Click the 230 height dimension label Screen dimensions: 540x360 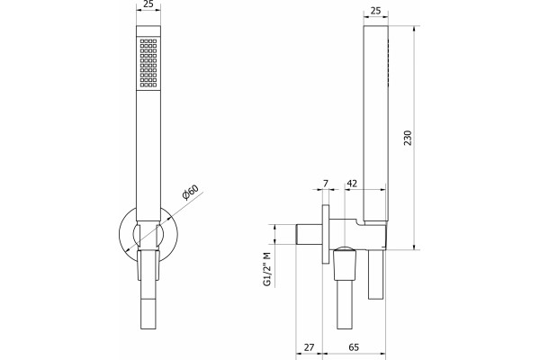point(408,138)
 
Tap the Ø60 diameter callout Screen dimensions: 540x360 point(191,193)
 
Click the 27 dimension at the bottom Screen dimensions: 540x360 point(309,346)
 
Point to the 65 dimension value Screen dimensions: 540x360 point(354,346)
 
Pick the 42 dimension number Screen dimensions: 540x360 point(352,184)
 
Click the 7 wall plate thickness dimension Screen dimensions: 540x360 point(326,184)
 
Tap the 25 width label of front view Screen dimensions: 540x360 point(148,4)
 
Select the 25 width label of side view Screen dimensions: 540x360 point(375,11)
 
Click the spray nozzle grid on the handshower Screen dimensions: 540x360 point(148,63)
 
